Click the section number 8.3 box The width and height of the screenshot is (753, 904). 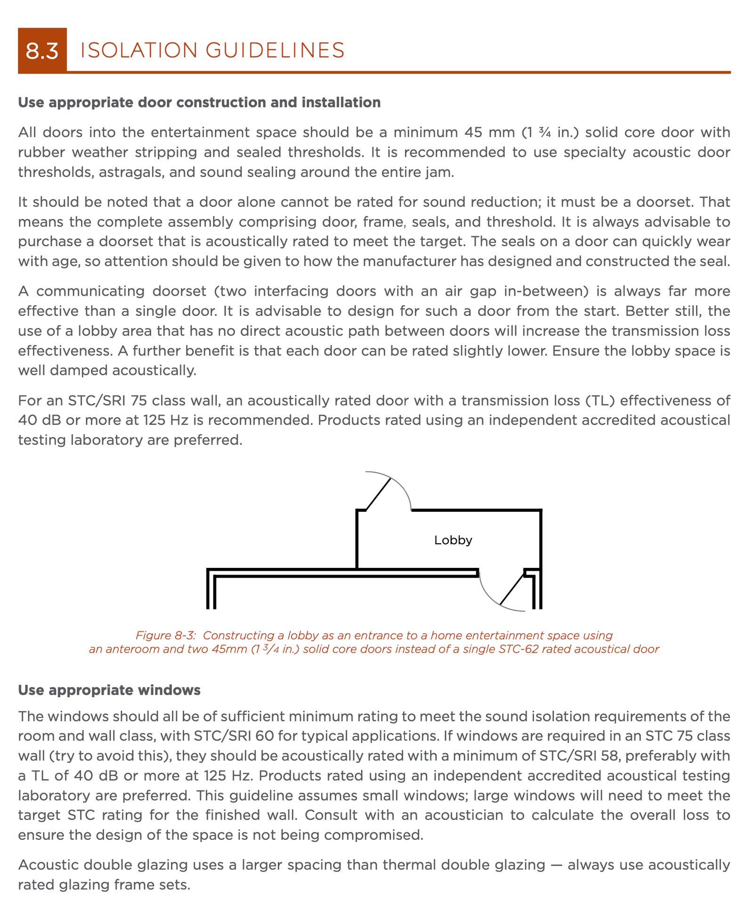click(42, 50)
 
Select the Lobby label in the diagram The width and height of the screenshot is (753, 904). click(453, 540)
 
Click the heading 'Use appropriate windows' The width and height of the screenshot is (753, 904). click(109, 690)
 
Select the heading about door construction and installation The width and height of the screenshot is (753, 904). click(199, 103)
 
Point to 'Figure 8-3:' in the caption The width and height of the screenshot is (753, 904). click(165, 635)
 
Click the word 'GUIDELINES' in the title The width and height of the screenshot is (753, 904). click(275, 50)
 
